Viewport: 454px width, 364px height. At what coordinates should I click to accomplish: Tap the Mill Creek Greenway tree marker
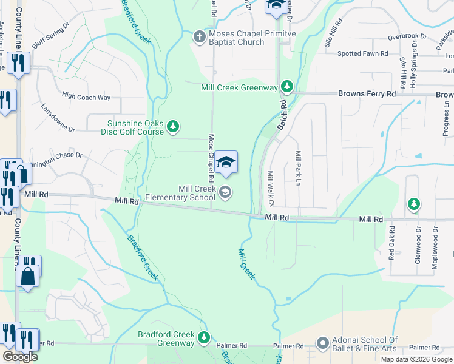[x=286, y=87]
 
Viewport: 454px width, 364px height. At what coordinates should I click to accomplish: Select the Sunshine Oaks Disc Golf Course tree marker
[x=174, y=126]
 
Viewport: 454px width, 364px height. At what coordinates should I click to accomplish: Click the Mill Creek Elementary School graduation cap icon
[x=225, y=193]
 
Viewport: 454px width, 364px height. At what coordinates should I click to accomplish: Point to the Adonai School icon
[x=322, y=344]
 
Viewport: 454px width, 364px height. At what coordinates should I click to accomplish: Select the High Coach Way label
[x=86, y=96]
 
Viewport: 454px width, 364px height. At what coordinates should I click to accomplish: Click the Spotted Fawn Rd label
[x=363, y=53]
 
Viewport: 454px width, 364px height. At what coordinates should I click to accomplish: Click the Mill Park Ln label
[x=298, y=168]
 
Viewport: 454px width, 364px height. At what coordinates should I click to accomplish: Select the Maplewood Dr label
[x=435, y=241]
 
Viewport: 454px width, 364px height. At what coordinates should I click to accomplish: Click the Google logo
[x=20, y=357]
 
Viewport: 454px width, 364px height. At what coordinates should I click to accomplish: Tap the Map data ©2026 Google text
[x=416, y=359]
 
